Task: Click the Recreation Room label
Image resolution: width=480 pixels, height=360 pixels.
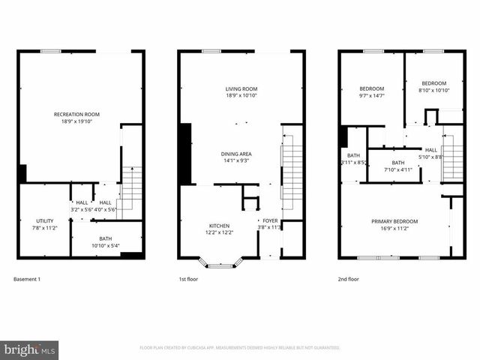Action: click(76, 118)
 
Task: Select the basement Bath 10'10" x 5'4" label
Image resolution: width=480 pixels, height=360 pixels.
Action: click(106, 242)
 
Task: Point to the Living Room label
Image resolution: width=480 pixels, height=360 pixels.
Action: click(241, 91)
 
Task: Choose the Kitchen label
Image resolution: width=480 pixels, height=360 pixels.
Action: click(219, 229)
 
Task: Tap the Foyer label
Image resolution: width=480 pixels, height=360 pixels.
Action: click(268, 223)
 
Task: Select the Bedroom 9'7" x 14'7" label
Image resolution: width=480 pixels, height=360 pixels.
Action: click(371, 91)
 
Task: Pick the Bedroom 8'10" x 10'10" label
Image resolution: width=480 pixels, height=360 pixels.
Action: click(433, 86)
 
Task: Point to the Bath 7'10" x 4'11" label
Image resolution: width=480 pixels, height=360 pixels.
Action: click(397, 166)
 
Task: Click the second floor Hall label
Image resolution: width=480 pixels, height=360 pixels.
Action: click(431, 153)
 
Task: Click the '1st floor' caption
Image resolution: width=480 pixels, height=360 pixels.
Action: click(187, 279)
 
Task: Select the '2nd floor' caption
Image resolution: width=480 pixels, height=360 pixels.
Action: click(349, 279)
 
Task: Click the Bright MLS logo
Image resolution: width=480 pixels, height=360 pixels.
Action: click(30, 349)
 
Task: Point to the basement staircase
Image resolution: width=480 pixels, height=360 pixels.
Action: click(131, 187)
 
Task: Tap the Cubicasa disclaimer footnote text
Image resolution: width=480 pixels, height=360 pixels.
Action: click(240, 348)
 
